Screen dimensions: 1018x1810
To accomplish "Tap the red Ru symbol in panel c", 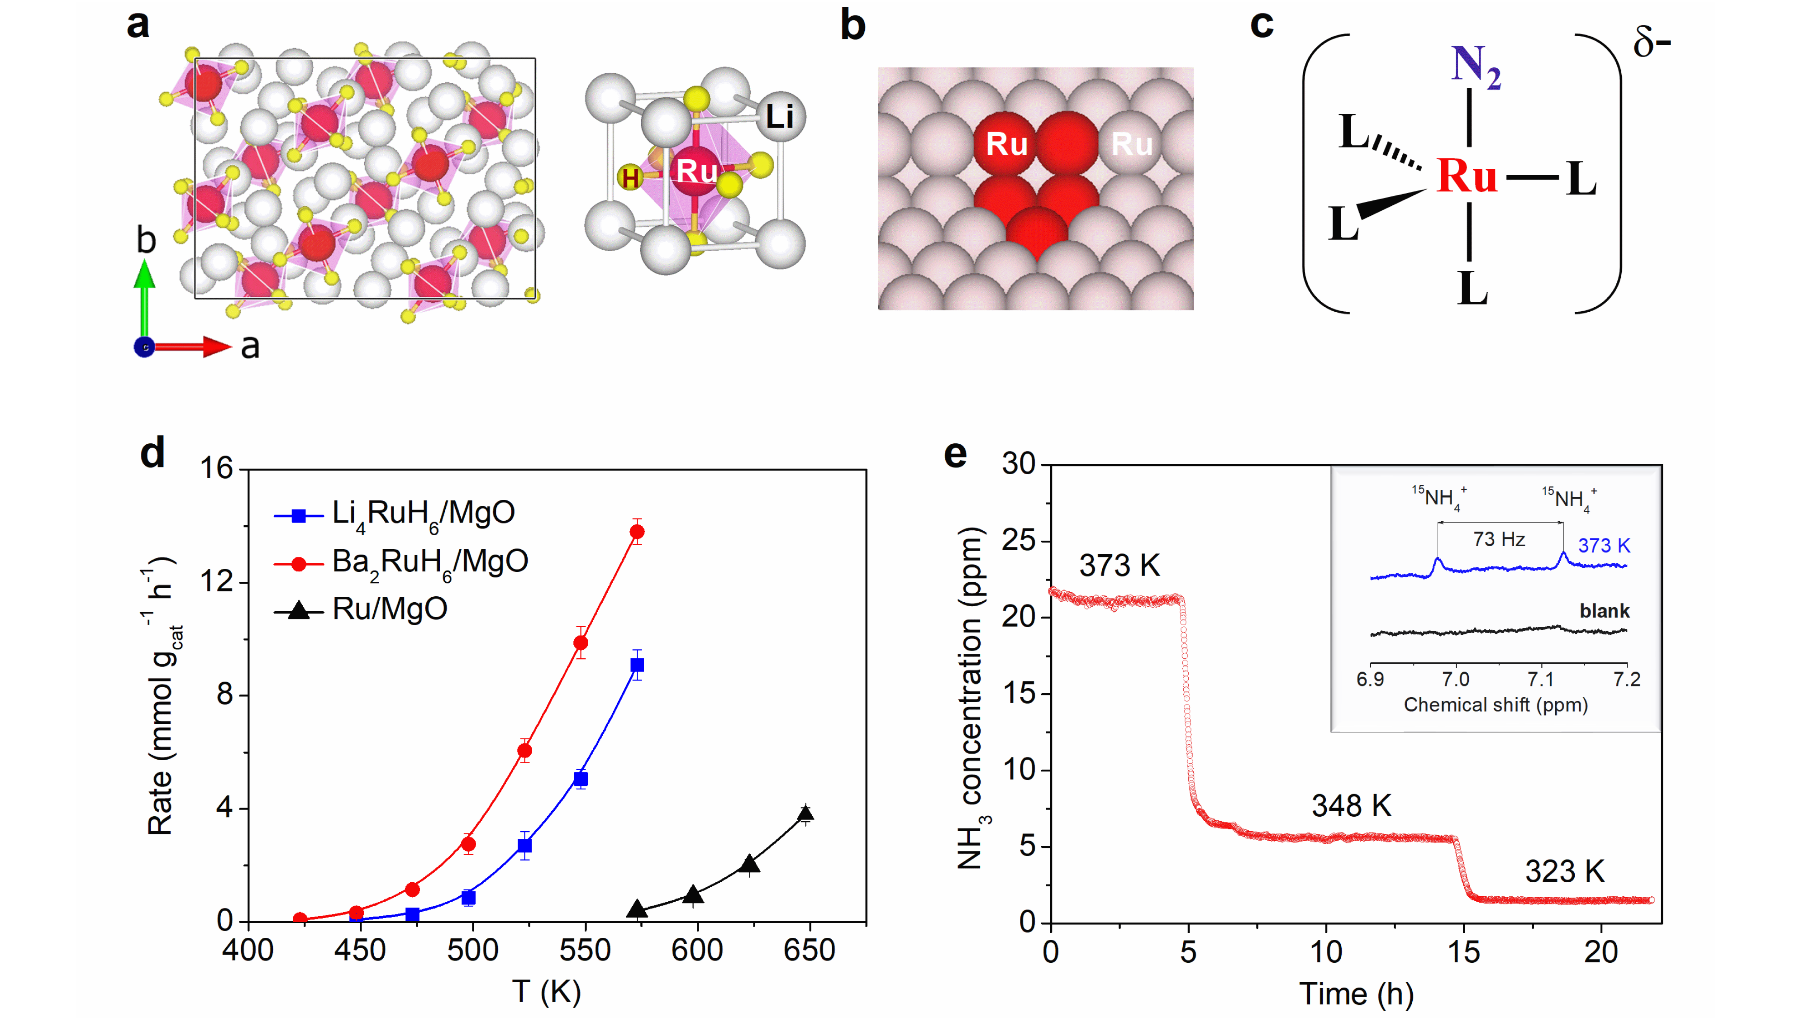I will pos(1467,176).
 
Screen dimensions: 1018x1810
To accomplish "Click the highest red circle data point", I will pos(637,532).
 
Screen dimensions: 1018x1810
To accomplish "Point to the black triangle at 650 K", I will pos(805,813).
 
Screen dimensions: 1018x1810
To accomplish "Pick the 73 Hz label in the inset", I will pos(1499,540).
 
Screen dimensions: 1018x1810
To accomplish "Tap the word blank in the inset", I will pos(1604,610).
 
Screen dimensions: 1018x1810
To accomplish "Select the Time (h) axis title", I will pos(1356,994).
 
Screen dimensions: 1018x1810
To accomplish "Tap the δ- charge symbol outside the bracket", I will pos(1651,43).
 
